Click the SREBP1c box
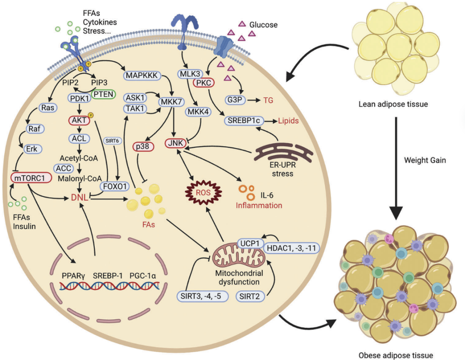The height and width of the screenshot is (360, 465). (244, 121)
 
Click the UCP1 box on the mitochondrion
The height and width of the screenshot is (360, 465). (250, 243)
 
